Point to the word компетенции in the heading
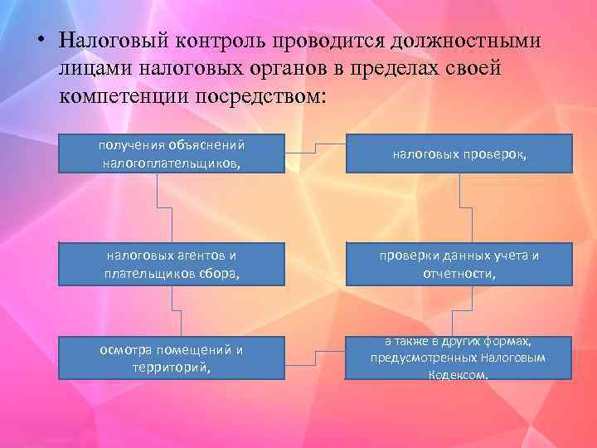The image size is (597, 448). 124,95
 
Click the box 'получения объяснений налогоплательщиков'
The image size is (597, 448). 172,153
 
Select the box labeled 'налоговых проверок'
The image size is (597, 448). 459,153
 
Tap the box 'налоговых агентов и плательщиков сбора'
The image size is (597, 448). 172,264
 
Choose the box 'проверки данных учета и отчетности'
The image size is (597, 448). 459,264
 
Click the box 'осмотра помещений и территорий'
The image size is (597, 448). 172,358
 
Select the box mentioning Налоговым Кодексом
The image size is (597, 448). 459,358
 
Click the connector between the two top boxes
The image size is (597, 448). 315,148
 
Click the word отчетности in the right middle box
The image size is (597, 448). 459,273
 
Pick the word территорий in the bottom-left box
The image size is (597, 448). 172,366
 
